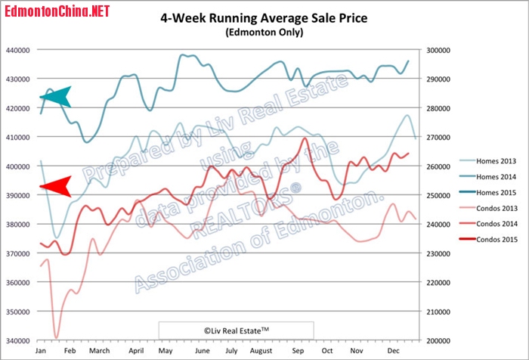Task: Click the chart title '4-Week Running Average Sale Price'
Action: tap(264, 17)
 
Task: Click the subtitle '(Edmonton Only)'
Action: tap(264, 33)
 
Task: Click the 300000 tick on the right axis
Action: tap(439, 49)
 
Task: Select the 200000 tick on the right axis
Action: tap(439, 340)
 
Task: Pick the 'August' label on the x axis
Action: tap(260, 352)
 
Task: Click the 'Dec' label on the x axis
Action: tap(394, 352)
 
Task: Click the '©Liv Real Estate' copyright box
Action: tap(236, 330)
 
